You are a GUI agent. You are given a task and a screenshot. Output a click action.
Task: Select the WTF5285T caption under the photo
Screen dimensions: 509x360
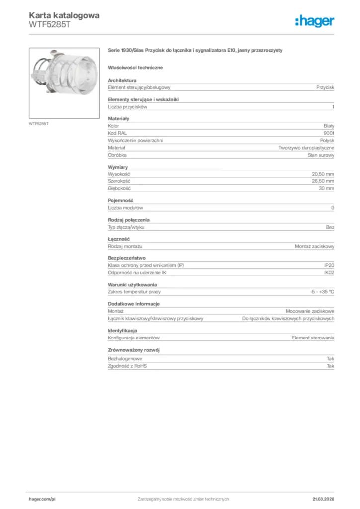click(38, 124)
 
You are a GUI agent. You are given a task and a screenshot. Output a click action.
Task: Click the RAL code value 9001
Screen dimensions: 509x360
click(329, 134)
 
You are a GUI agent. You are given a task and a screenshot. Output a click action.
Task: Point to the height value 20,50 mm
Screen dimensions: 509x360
click(323, 174)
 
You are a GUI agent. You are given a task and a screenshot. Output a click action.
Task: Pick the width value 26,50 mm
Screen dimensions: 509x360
click(323, 181)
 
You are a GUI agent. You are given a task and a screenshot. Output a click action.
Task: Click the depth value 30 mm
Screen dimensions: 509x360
click(326, 189)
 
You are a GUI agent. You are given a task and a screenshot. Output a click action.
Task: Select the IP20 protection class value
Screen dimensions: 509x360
click(329, 265)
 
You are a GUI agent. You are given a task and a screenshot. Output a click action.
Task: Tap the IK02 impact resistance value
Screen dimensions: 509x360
click(329, 273)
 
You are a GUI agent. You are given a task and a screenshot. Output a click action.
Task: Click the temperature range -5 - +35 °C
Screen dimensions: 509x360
click(322, 292)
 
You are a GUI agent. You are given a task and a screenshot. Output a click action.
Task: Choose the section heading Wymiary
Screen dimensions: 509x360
click(118, 167)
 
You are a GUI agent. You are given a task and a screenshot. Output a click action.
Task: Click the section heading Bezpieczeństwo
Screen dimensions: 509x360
click(126, 258)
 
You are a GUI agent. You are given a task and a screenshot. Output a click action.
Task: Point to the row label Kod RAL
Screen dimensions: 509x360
click(117, 134)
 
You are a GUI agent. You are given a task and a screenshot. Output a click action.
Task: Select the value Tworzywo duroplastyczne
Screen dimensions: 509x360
click(306, 148)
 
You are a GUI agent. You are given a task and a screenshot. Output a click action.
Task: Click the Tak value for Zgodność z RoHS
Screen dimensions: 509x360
click(330, 366)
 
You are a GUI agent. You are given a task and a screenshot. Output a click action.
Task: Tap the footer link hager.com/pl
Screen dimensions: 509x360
click(42, 499)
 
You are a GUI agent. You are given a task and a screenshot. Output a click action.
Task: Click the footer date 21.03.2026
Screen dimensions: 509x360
click(323, 499)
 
